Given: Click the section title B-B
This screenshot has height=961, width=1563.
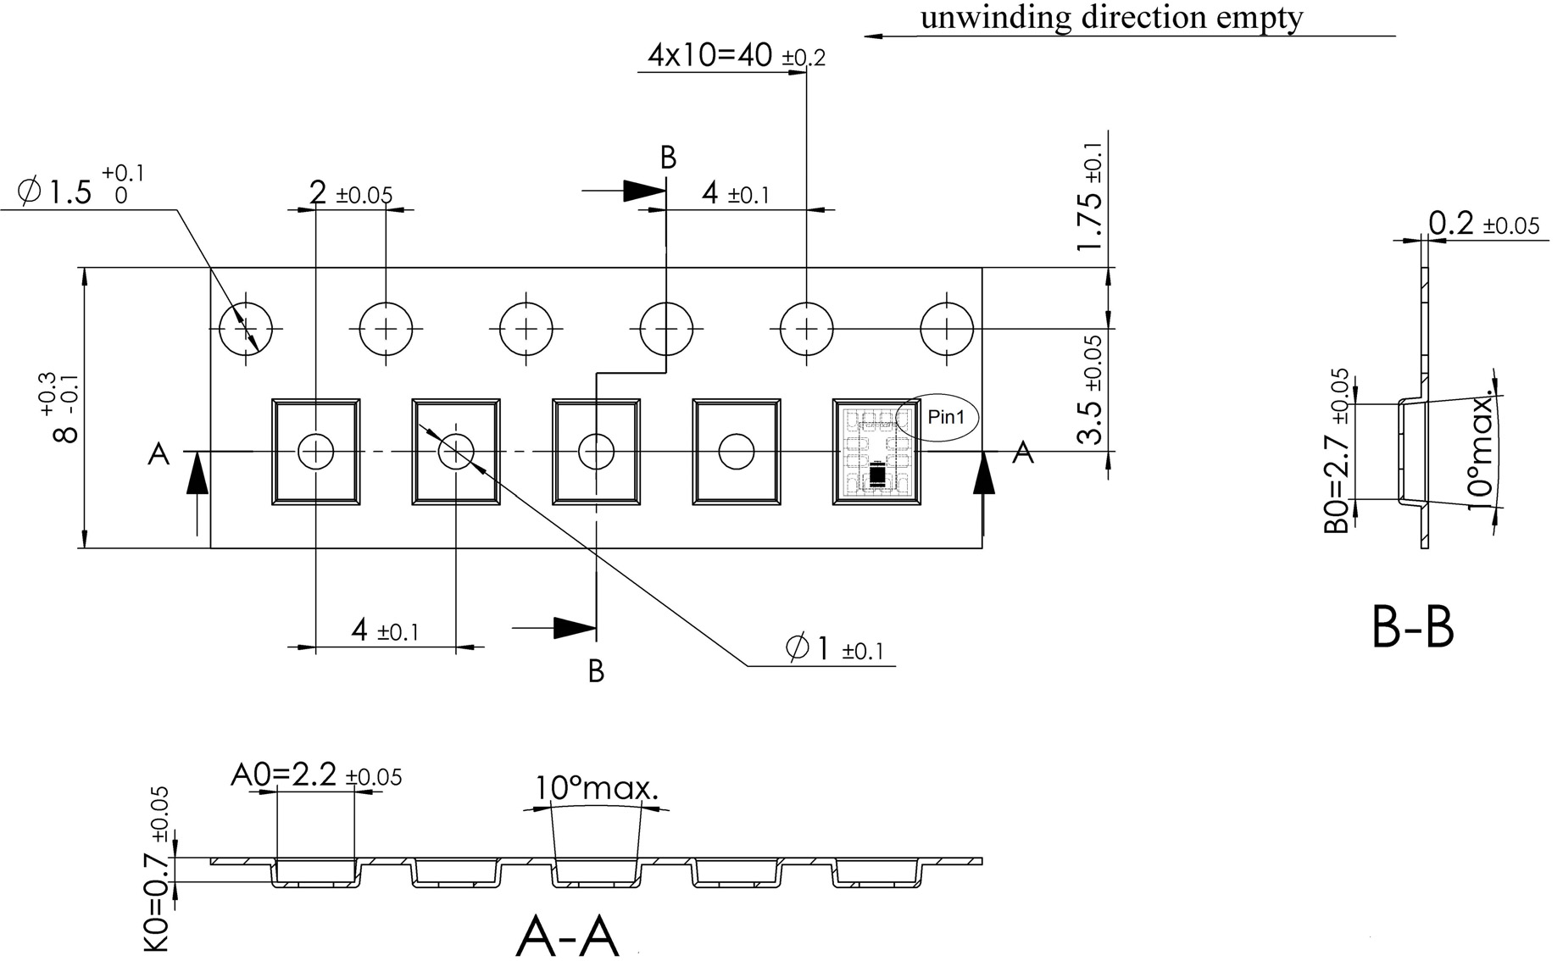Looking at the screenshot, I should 1412,628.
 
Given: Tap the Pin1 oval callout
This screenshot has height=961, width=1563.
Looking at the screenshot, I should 937,418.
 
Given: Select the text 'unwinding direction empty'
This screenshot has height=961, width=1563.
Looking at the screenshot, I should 1111,17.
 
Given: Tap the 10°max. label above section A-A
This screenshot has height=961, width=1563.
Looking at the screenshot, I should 596,789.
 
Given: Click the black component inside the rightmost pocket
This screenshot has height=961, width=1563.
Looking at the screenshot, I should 876,476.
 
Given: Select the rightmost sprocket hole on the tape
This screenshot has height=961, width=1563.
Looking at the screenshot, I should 947,328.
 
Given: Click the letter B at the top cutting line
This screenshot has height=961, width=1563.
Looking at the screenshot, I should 668,158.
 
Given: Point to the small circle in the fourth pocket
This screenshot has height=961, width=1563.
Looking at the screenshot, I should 736,452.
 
